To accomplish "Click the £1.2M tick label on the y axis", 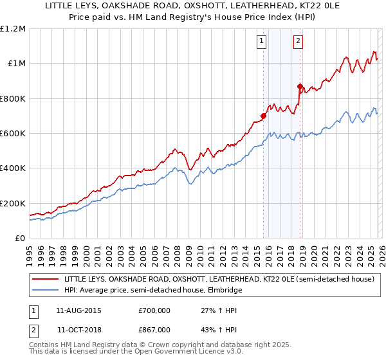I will [13, 29].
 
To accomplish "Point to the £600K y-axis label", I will [13, 134].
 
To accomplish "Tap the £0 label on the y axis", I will [21, 239].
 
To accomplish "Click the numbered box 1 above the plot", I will [262, 42].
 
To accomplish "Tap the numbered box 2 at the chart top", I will [299, 42].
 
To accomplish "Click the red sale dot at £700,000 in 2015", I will [263, 116].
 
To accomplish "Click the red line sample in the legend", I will [45, 280].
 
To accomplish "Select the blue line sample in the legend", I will [45, 290].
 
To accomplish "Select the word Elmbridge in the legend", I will [222, 290].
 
